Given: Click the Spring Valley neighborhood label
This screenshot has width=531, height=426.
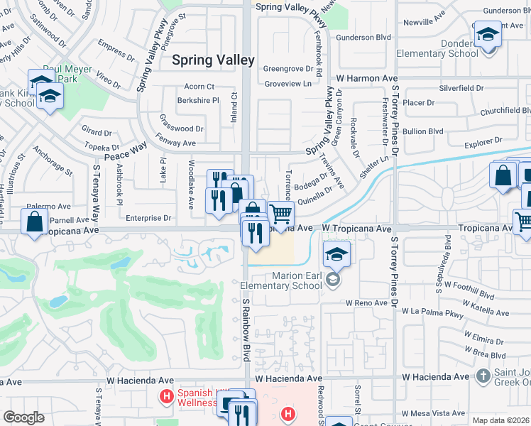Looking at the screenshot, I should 213,60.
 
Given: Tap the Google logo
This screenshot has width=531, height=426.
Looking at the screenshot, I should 23,417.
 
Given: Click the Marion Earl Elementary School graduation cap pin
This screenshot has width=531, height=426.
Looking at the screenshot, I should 336,253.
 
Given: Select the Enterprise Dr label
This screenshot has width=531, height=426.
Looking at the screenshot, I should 148,218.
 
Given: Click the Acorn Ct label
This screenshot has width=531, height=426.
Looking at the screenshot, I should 199,87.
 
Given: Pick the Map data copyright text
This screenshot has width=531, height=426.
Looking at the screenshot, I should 500,420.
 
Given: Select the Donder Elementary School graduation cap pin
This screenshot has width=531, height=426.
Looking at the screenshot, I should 488,33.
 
